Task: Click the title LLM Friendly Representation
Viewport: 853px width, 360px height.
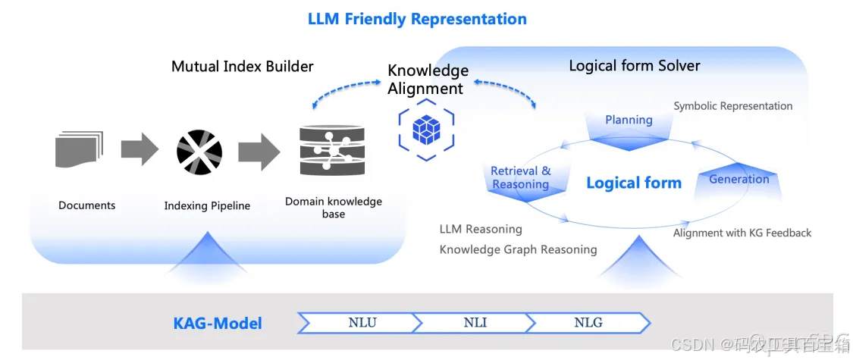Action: (x=417, y=19)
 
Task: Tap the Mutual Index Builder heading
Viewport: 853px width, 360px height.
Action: (x=242, y=66)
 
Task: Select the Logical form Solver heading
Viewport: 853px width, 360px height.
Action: (x=634, y=66)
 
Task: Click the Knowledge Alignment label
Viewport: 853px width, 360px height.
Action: (x=427, y=80)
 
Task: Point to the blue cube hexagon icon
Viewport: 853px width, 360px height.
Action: (x=426, y=130)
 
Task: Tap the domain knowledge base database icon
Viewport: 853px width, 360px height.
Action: (x=332, y=152)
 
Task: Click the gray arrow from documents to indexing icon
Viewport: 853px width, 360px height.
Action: (x=139, y=149)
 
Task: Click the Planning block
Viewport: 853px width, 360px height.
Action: (x=629, y=121)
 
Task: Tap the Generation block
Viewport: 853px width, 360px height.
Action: (x=739, y=180)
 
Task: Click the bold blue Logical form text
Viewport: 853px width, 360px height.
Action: (x=633, y=183)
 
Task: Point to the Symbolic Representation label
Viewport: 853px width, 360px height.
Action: (x=732, y=106)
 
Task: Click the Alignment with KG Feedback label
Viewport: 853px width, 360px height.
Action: (x=742, y=233)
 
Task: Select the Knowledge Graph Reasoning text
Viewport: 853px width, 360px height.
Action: (x=518, y=249)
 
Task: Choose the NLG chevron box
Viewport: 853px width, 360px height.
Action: (x=588, y=323)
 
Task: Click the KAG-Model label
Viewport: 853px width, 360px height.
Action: (x=218, y=324)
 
